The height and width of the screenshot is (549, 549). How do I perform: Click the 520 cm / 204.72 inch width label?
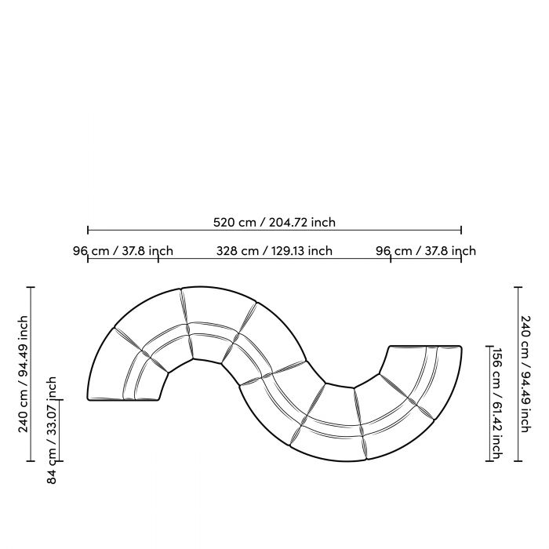pyautogui.click(x=274, y=222)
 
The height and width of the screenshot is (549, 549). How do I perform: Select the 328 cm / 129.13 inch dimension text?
pyautogui.click(x=274, y=251)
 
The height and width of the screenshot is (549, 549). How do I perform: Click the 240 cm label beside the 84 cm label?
pyautogui.click(x=24, y=374)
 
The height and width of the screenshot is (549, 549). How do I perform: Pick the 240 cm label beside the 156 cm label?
pyautogui.click(x=525, y=374)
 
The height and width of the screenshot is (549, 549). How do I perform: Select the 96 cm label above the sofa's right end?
pyautogui.click(x=426, y=251)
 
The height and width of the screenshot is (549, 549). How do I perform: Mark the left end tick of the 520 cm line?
pyautogui.click(x=88, y=230)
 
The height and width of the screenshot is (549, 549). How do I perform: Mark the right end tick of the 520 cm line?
pyautogui.click(x=461, y=230)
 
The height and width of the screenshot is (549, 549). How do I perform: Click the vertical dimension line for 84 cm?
pyautogui.click(x=60, y=431)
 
